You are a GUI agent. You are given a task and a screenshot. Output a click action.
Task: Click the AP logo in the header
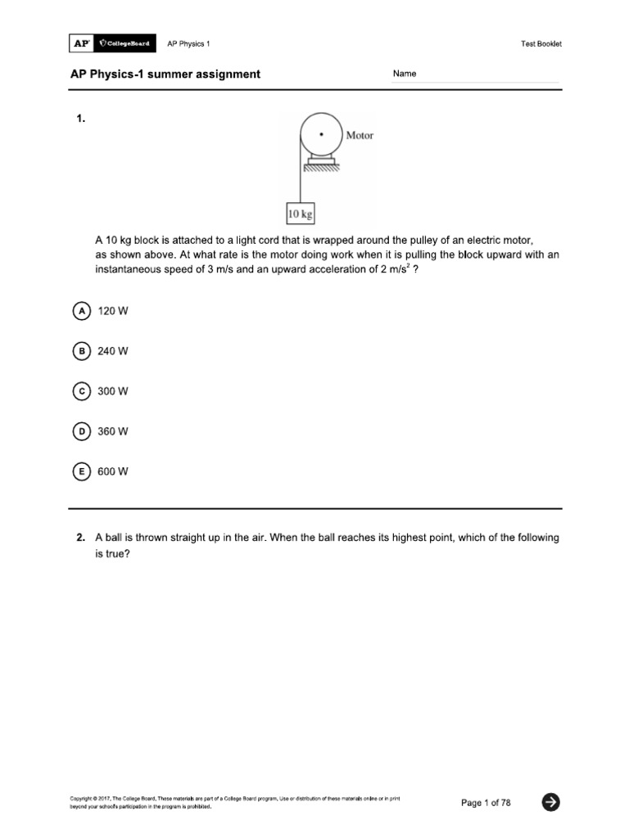point(82,43)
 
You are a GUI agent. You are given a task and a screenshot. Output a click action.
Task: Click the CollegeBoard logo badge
point(124,43)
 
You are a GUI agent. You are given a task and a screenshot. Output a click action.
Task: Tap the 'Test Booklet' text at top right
point(541,44)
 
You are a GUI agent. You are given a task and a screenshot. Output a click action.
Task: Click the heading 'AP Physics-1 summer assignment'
point(165,74)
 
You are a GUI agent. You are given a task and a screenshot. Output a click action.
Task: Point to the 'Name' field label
point(405,74)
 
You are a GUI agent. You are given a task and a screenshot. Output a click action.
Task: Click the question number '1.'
point(80,119)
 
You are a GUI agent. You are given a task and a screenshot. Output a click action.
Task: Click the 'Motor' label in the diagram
point(360,135)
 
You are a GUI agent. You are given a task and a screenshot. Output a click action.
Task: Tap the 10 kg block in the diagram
point(301,215)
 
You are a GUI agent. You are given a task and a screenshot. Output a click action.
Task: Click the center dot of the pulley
point(321,133)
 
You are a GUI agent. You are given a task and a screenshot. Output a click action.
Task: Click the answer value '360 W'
point(113,431)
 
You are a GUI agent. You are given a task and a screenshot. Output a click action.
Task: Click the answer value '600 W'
point(113,471)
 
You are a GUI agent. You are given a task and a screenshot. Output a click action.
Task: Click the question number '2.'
point(80,538)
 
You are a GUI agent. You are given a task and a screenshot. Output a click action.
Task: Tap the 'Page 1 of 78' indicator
point(486,803)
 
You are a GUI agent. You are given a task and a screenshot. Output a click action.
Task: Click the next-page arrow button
point(551,803)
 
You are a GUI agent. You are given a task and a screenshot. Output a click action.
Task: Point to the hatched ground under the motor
point(321,169)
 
